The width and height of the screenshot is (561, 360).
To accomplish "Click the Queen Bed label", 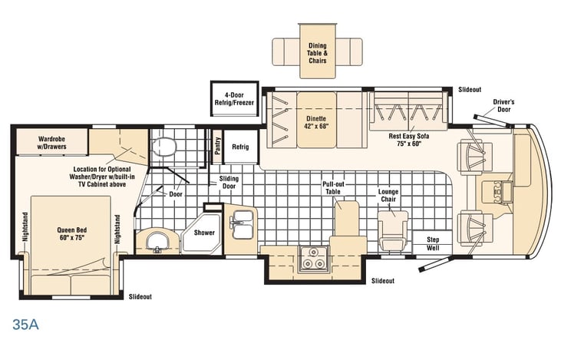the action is pos(72,233).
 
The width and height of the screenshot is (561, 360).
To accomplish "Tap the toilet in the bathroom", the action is pos(164,147).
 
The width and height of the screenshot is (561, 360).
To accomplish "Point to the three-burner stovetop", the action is pos(313,259).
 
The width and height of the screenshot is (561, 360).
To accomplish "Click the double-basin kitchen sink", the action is pos(243,224).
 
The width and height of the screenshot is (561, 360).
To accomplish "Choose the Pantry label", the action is pos(217,146).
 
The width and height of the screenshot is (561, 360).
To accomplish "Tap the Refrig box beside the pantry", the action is pos(240,147).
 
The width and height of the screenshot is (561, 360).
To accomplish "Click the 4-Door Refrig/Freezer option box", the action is pos(234,99).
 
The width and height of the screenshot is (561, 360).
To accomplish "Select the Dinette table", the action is pos(316,120).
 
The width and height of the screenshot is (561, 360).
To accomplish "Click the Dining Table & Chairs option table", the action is pos(318,51).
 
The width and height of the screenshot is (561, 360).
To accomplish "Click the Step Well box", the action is pos(433,243).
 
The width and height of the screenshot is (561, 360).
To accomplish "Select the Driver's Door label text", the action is pos(503,106).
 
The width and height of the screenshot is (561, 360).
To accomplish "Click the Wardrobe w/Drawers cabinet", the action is pos(52,142).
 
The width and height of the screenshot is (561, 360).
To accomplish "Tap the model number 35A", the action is pos(26,324).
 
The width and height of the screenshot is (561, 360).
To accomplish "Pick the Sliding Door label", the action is pos(229,182).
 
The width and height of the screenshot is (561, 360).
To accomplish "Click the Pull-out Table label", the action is pos(333,188).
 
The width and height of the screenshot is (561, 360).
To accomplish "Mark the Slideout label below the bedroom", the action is pos(140,296).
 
